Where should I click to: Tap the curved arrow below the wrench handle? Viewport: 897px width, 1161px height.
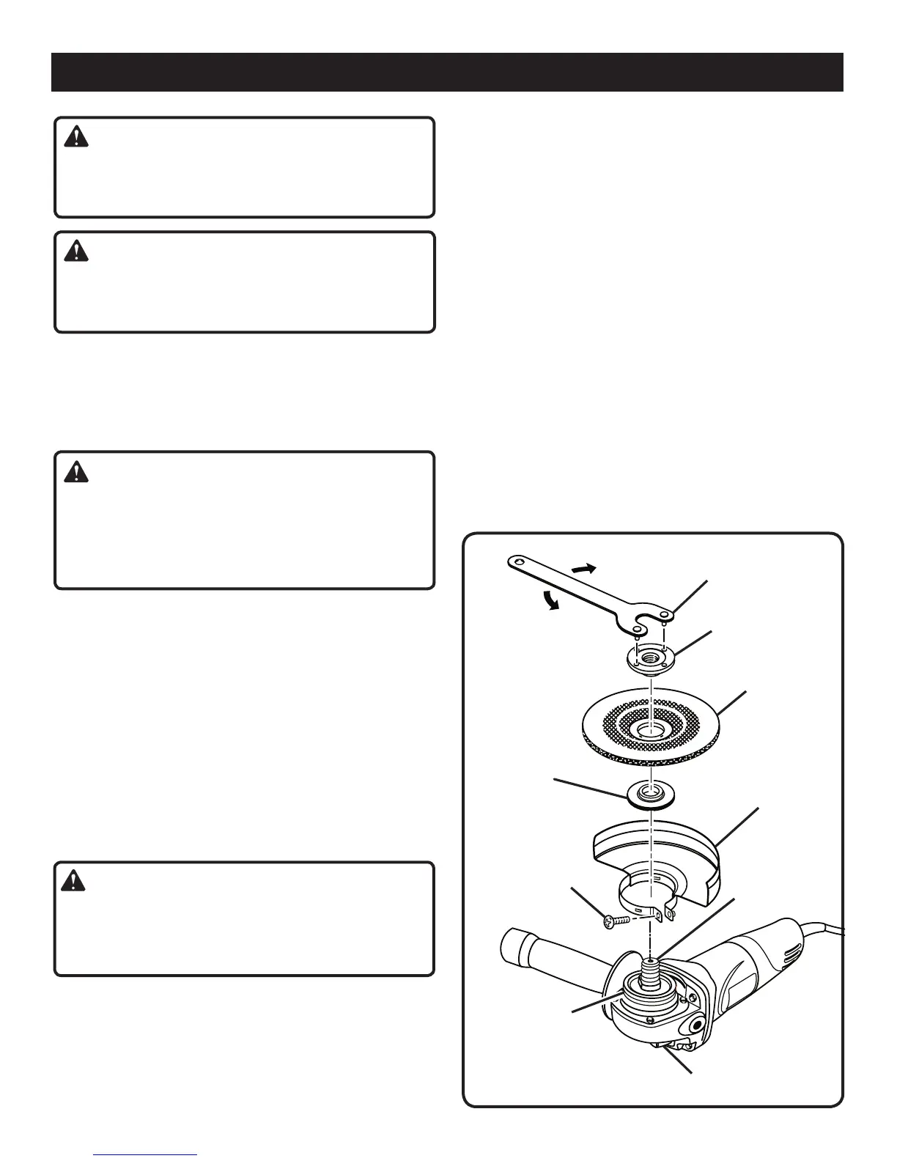[x=551, y=600]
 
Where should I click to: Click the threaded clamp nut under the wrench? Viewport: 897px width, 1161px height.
[x=650, y=657]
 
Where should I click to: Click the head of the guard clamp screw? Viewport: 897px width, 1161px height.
[x=608, y=924]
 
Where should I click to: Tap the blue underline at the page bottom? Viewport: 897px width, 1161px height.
[x=146, y=1154]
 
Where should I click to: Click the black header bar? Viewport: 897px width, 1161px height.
[x=447, y=72]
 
